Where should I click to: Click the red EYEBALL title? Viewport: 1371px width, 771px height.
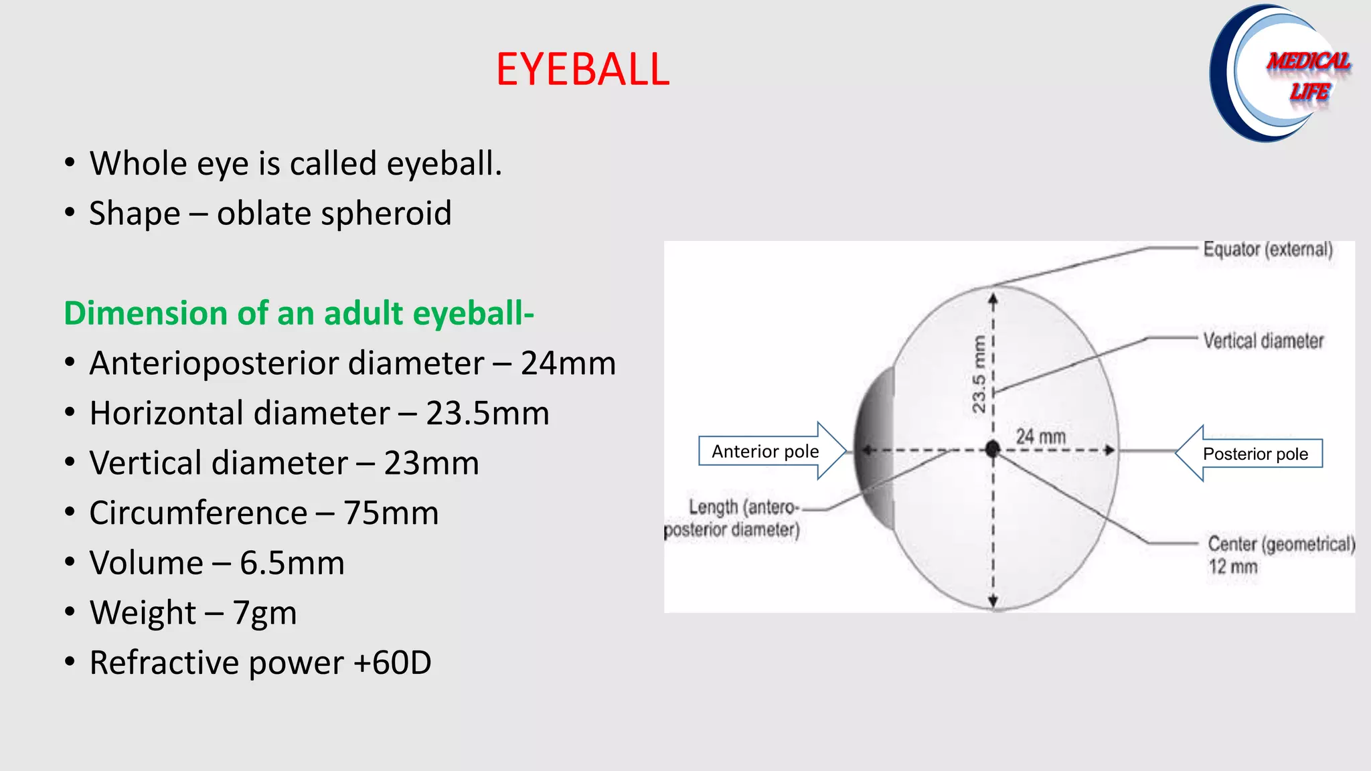coord(582,69)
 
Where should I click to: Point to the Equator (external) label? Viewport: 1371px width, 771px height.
coord(1267,249)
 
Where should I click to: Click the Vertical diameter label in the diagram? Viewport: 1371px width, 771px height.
coord(1263,341)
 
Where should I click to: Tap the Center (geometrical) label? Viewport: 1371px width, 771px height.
coord(1281,544)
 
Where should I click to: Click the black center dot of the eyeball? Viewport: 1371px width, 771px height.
coord(993,449)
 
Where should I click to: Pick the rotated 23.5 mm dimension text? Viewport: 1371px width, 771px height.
coord(979,374)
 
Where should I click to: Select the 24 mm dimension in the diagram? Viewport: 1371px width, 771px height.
coord(1040,436)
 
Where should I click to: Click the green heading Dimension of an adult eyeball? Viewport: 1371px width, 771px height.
coord(299,313)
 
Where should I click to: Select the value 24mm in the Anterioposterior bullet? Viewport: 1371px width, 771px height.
coord(568,363)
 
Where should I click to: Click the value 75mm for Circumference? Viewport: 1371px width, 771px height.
coord(391,513)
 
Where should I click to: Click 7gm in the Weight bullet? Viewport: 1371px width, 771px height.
coord(264,613)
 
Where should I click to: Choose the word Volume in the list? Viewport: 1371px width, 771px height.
coord(146,563)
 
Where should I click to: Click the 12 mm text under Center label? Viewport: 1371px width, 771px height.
coord(1232,567)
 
